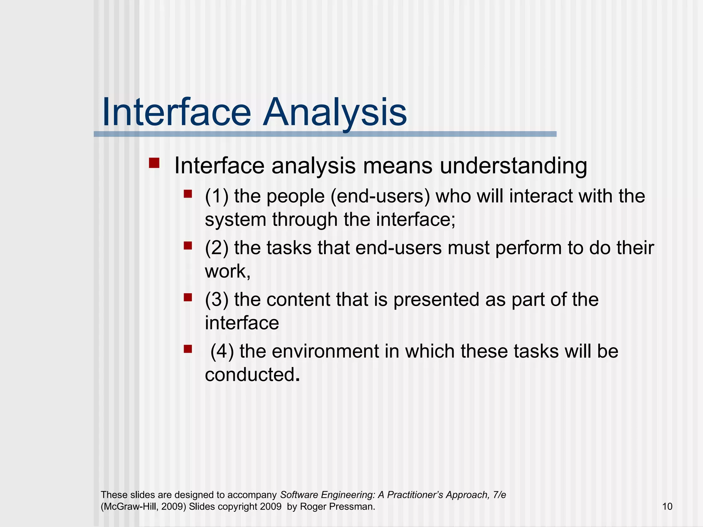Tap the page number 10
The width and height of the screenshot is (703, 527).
(667, 506)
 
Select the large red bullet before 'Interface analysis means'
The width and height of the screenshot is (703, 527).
(154, 163)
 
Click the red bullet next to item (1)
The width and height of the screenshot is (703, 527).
(188, 194)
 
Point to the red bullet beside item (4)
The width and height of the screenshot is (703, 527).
(188, 349)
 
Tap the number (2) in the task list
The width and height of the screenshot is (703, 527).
(216, 248)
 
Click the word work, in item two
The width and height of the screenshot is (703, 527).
(228, 271)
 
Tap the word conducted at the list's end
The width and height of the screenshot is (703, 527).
(250, 374)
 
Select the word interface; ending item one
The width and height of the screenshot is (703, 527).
(416, 220)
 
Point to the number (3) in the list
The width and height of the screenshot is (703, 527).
(216, 300)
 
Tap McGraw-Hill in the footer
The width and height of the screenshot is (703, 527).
(129, 507)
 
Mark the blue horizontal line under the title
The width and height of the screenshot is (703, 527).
(325, 134)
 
